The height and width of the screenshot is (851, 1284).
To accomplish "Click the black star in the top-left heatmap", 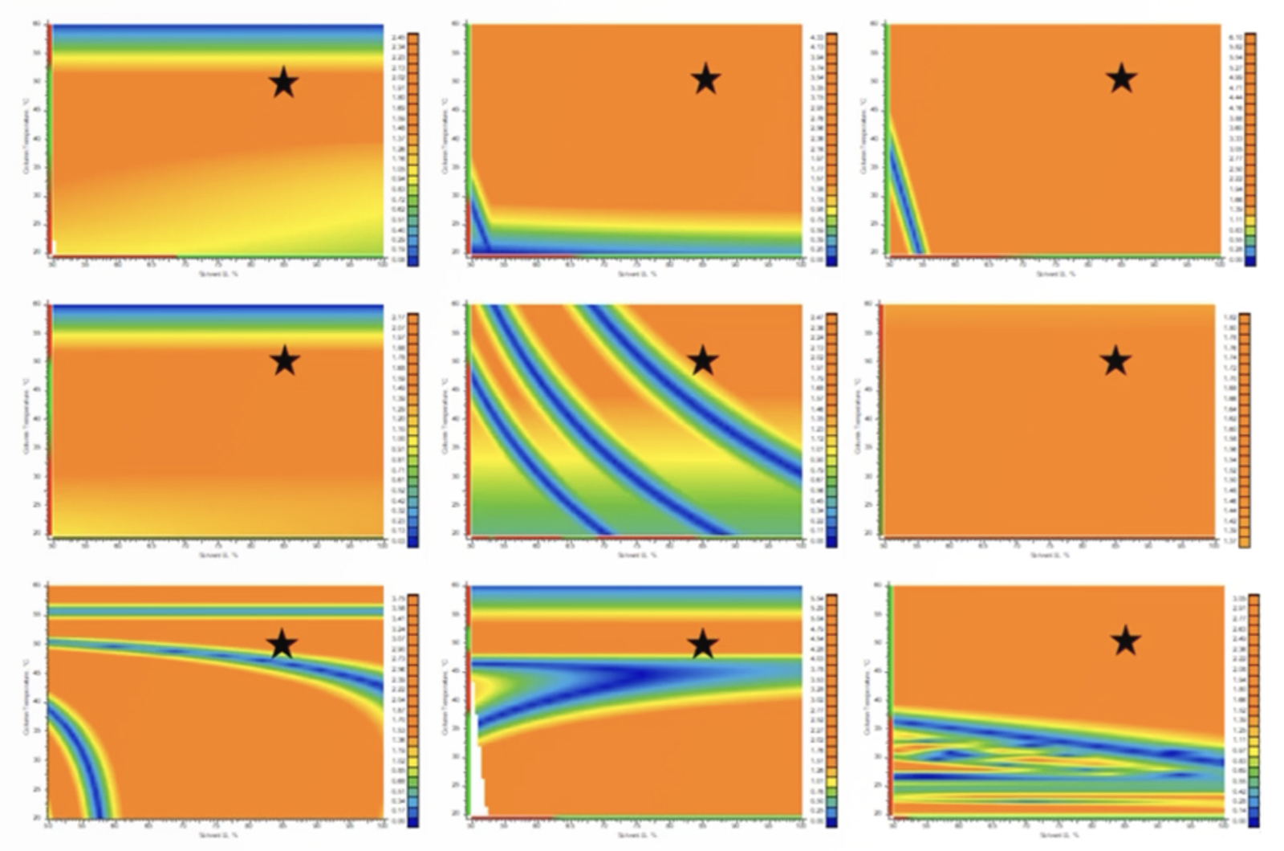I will pos(284,82).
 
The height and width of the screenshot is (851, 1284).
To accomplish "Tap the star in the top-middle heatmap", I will pos(705,79).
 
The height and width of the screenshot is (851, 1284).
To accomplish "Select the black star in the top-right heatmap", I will pos(1122,78).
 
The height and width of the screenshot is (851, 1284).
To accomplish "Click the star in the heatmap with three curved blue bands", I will pos(703,360).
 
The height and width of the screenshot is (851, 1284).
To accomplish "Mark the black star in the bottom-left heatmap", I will pos(282,644).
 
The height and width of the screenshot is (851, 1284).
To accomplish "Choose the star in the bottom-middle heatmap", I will pos(703,644).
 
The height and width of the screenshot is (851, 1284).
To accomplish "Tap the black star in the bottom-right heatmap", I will pos(1126,641).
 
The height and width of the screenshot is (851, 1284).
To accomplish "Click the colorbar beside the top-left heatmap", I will pos(412,149).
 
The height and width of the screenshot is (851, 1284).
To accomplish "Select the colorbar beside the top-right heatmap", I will pos(1250,149).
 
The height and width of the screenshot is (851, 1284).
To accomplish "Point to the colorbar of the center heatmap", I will pos(831,430).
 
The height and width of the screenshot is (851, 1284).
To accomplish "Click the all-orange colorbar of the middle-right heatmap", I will pos(1245,430).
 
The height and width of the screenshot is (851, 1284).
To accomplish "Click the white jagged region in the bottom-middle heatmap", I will pos(478,771).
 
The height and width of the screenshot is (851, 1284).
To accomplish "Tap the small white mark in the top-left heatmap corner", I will pos(54,246).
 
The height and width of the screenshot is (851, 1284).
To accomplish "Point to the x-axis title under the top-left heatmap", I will pos(218,274).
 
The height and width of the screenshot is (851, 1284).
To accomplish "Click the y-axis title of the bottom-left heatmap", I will pos(26,698).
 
